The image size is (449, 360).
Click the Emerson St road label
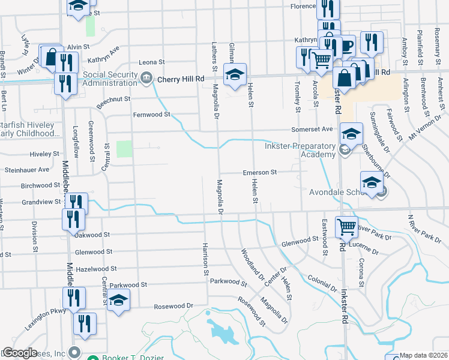click(x=259, y=173)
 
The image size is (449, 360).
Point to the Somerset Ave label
click(x=312, y=129)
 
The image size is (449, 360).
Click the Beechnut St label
click(x=113, y=100)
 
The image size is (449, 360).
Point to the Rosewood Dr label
click(x=173, y=305)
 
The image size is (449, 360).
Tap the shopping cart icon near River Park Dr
click(x=346, y=227)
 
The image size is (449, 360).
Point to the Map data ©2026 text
click(x=423, y=355)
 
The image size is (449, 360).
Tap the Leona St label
click(x=152, y=62)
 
